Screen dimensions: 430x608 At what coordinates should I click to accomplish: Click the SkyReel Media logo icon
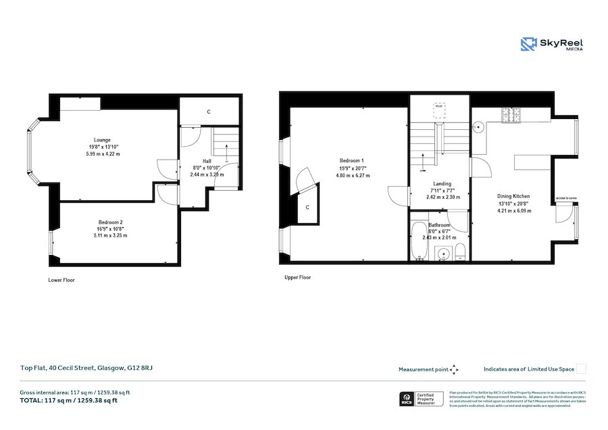click(x=528, y=44)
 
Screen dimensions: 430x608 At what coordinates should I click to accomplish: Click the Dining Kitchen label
click(x=514, y=196)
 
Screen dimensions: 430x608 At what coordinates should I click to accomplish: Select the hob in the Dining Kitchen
click(x=511, y=115)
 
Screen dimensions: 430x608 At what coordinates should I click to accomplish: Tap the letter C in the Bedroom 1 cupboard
click(x=307, y=207)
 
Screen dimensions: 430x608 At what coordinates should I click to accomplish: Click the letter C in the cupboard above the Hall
click(x=209, y=112)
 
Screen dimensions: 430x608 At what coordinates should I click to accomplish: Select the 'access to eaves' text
click(x=566, y=198)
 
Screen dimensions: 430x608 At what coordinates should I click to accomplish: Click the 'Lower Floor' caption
click(x=61, y=279)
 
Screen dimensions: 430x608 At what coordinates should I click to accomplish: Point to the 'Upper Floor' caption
click(x=297, y=277)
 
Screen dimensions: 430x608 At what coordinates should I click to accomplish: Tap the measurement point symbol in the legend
click(x=454, y=369)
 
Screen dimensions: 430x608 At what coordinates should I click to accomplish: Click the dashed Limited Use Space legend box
click(x=581, y=368)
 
